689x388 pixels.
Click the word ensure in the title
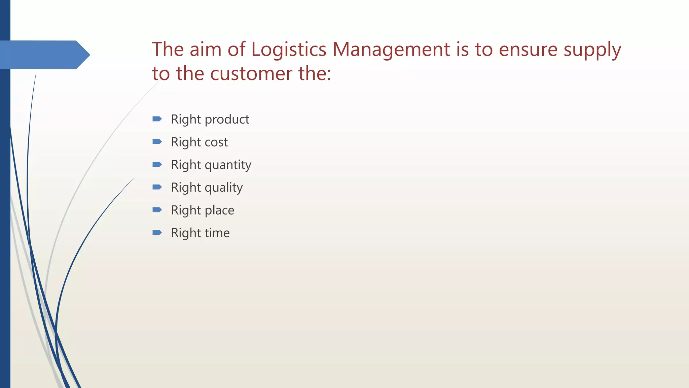click(x=528, y=50)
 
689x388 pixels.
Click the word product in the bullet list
click(x=227, y=120)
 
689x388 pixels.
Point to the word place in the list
click(x=219, y=210)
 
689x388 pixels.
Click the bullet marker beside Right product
click(x=157, y=119)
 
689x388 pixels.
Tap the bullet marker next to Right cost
click(x=157, y=142)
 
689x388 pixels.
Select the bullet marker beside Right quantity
click(x=157, y=164)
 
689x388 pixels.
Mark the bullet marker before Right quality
click(x=157, y=187)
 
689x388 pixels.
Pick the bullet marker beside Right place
click(x=157, y=210)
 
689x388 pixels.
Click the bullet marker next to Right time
click(x=157, y=232)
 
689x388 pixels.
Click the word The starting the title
click(x=168, y=50)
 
